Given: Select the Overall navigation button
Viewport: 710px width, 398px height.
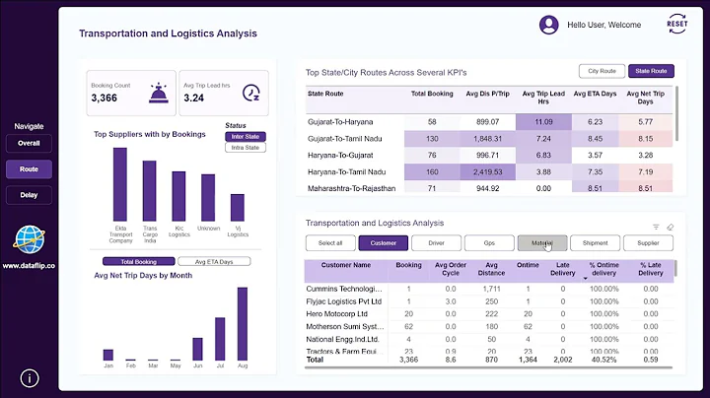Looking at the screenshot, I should (x=29, y=143).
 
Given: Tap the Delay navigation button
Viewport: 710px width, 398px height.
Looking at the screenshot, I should (x=29, y=195).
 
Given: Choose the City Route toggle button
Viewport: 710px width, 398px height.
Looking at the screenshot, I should (x=601, y=71).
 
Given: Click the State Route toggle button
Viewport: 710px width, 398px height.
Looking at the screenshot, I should (x=651, y=71).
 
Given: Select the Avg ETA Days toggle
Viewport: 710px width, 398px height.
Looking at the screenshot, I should (x=213, y=262).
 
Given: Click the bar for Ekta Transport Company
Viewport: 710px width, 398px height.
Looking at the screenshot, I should (x=120, y=184).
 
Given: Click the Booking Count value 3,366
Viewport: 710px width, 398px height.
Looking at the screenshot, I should (x=105, y=98).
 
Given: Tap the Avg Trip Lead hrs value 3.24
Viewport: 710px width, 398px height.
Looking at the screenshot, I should (x=195, y=98).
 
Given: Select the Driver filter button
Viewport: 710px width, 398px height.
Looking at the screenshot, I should (x=437, y=242).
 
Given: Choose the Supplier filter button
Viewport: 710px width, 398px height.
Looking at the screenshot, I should (x=648, y=242).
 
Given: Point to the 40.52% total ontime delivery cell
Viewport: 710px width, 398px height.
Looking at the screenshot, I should (x=603, y=361).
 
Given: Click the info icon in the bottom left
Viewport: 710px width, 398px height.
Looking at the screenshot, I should (x=30, y=377).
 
